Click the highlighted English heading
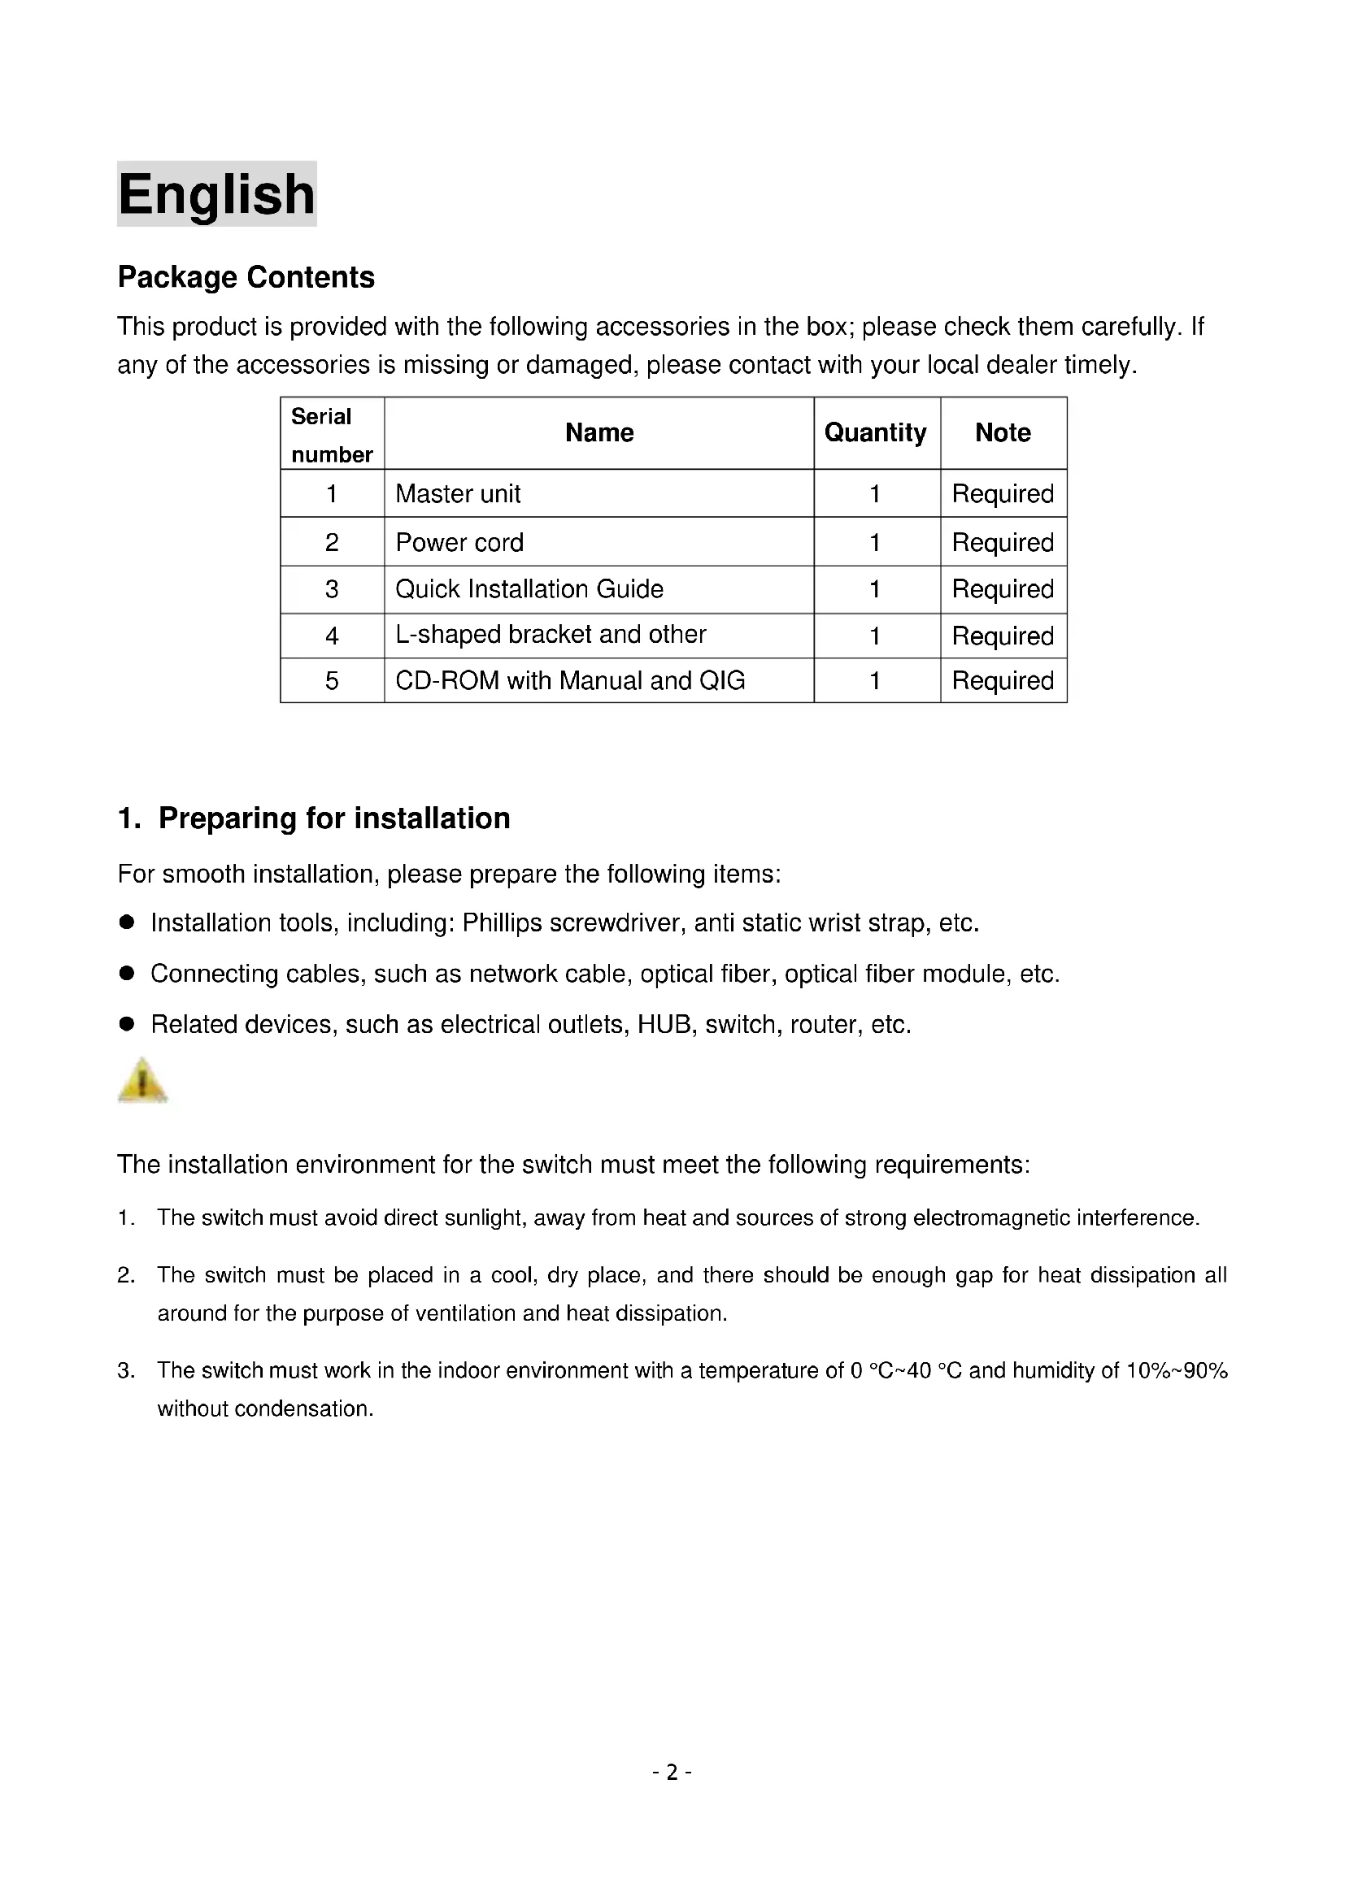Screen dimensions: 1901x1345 (x=216, y=193)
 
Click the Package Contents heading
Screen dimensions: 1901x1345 (x=246, y=277)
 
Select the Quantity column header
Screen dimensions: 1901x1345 (x=876, y=432)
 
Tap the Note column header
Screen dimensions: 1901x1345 (x=1002, y=432)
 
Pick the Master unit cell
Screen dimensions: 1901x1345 (x=458, y=493)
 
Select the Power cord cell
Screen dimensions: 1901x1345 (x=459, y=542)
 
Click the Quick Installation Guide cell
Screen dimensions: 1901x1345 (x=529, y=588)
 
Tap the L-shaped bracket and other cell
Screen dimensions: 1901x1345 (x=551, y=634)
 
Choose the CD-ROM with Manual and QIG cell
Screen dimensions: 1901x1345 (x=570, y=680)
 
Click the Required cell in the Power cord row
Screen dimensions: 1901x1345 (x=1002, y=542)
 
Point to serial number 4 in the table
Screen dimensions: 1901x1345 (x=331, y=636)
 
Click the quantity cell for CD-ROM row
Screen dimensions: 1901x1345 (x=875, y=680)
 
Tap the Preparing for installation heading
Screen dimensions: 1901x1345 (x=333, y=818)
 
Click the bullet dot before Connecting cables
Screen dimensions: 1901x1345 (x=127, y=974)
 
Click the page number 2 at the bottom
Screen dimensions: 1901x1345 (x=672, y=1772)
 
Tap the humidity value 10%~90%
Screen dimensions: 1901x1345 (x=1176, y=1370)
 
